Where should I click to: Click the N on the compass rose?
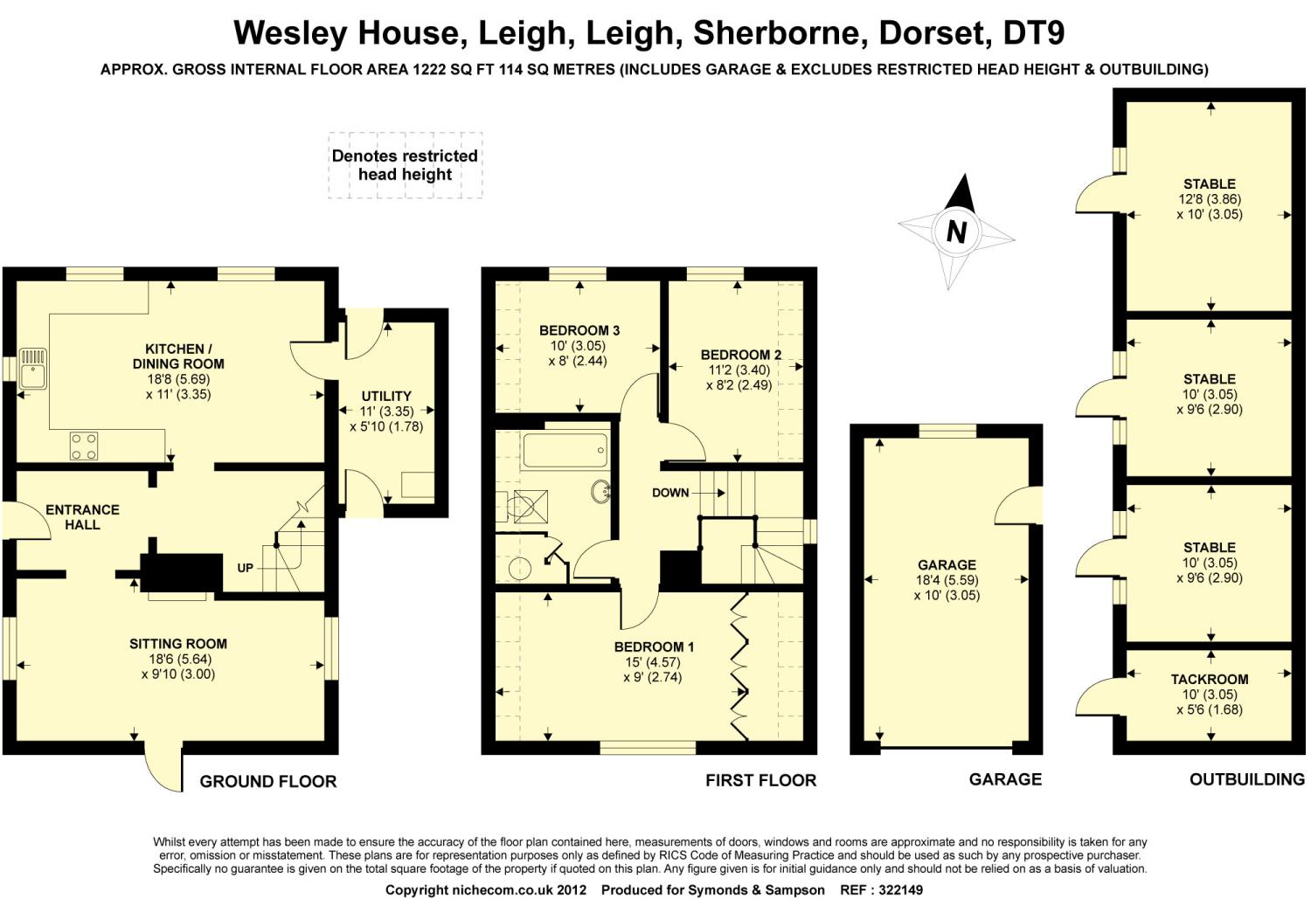click(x=956, y=232)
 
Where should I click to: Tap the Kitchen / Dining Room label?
click(x=178, y=356)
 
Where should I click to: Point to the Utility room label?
click(x=385, y=396)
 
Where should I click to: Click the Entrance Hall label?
click(x=82, y=517)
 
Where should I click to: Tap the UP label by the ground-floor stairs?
click(x=245, y=568)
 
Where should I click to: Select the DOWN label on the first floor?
click(x=670, y=493)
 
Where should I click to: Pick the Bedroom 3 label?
click(x=579, y=330)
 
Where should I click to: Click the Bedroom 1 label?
click(x=653, y=647)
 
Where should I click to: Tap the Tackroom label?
click(x=1209, y=679)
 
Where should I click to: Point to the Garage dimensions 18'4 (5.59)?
click(x=947, y=580)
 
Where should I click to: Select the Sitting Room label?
click(x=177, y=644)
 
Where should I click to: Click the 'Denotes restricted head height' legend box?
click(x=405, y=165)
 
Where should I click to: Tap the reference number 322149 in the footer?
click(x=893, y=889)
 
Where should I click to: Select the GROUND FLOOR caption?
click(x=267, y=781)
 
